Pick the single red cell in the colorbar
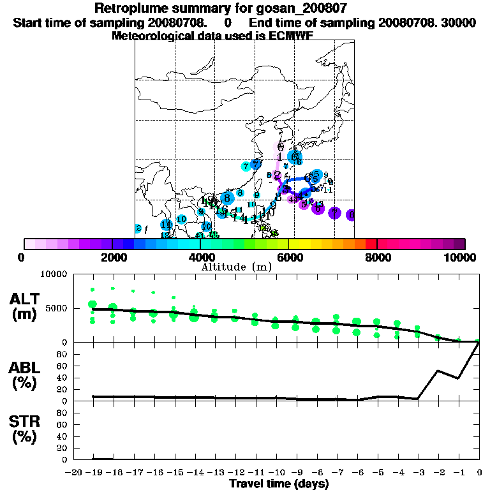point(371,244)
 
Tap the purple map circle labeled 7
point(334,213)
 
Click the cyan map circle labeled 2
point(138,228)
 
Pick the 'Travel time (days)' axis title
point(279,484)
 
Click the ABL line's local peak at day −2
point(438,370)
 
